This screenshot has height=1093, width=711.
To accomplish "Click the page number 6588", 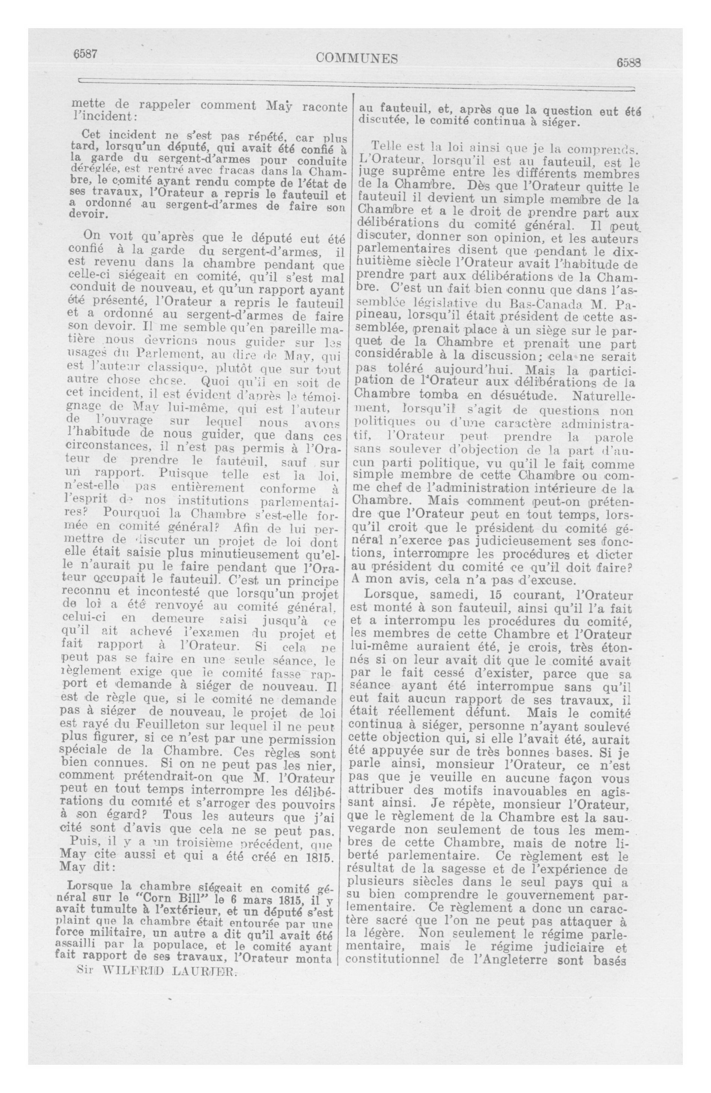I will tap(629, 63).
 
